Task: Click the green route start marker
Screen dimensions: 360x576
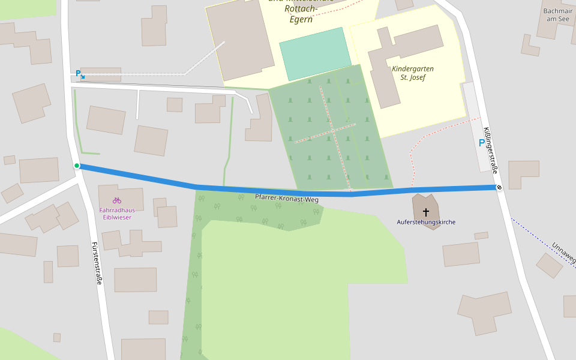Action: point(77,166)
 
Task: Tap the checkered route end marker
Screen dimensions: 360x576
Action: point(499,188)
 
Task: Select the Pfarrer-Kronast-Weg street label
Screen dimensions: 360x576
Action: point(286,198)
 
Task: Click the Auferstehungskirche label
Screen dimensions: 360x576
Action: point(426,222)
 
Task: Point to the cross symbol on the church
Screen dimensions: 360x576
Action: point(426,212)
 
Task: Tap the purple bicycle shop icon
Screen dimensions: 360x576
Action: point(117,200)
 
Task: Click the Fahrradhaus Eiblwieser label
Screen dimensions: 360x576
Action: point(116,214)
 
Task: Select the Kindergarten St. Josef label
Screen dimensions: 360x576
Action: point(413,73)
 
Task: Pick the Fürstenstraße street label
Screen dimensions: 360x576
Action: point(96,263)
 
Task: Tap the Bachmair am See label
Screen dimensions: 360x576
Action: point(556,15)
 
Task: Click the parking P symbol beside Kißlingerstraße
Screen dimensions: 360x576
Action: point(481,143)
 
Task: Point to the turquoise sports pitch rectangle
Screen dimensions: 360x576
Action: point(315,53)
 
